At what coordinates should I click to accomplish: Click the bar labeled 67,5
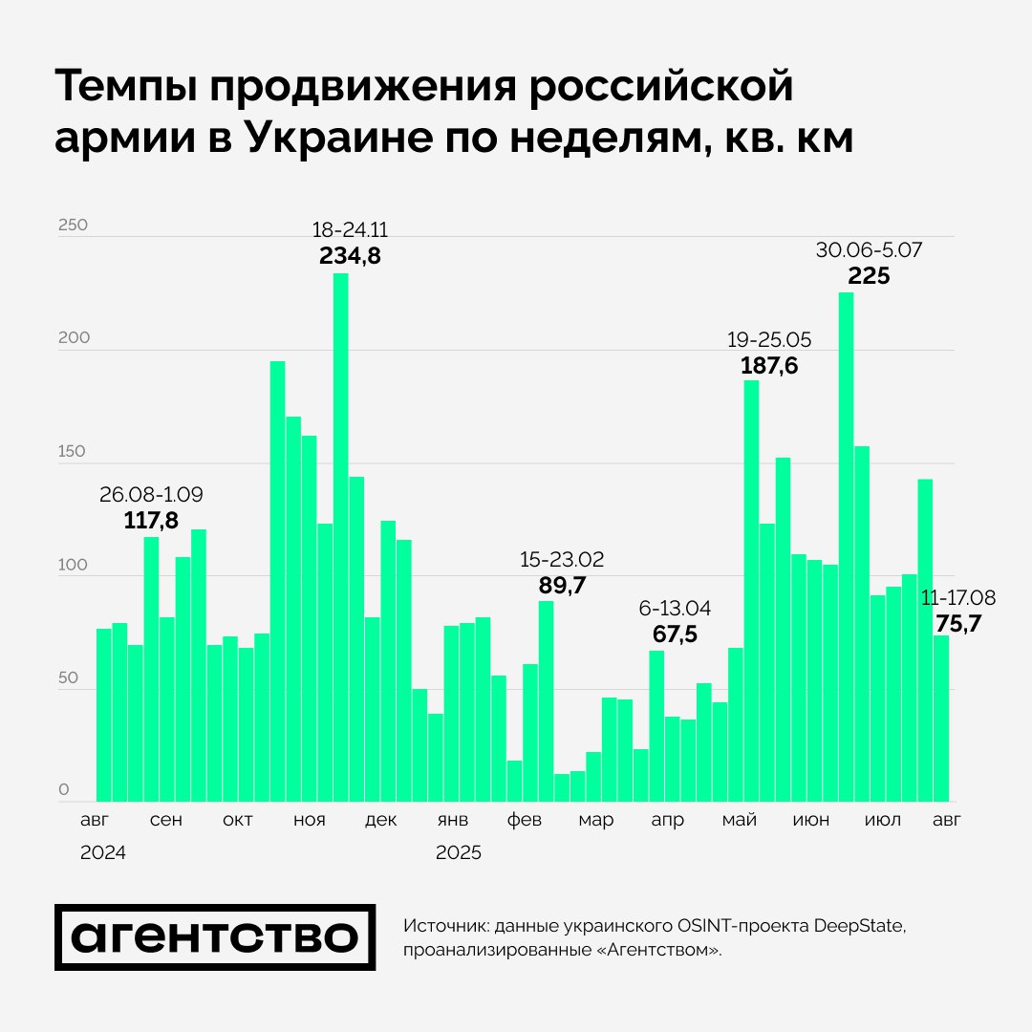656,726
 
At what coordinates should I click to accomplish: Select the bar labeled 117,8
151,669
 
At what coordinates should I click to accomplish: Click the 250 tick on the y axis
73,226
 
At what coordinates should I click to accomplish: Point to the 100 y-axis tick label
73,565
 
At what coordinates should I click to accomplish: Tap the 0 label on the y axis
64,790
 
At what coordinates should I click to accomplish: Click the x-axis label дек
380,821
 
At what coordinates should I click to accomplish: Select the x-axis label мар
595,821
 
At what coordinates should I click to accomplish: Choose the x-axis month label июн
811,821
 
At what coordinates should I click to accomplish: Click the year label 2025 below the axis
459,853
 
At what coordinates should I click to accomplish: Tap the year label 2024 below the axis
103,853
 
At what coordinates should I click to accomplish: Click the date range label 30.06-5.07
869,250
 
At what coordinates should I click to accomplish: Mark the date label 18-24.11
350,230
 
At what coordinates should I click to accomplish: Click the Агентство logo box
215,937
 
